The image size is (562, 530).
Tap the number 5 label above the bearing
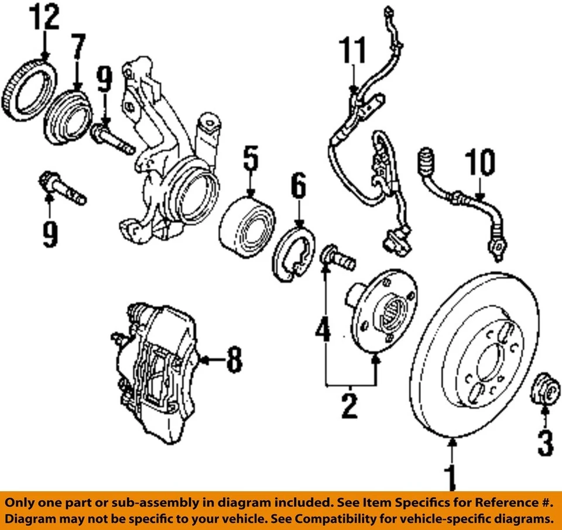(x=250, y=159)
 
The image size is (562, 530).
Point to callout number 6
(x=298, y=189)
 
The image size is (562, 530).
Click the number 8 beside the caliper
(x=234, y=359)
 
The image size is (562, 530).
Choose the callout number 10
(x=480, y=163)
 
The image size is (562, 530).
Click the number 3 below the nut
(x=544, y=443)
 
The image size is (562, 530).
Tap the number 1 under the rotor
(x=451, y=477)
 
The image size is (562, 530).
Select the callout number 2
(x=349, y=405)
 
